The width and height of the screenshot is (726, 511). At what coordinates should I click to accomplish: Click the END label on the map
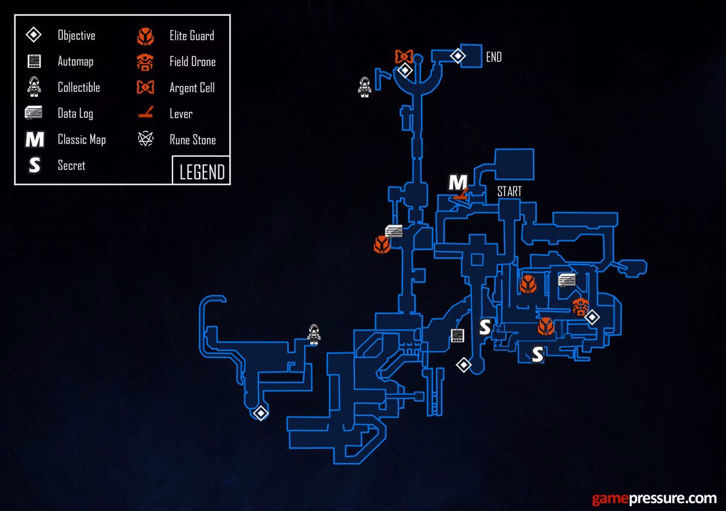point(494,58)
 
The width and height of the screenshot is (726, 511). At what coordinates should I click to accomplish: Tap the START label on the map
point(509,192)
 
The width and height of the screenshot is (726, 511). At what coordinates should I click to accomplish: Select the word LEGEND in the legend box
point(202,172)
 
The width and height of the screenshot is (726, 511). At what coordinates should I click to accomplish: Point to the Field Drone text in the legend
point(192,62)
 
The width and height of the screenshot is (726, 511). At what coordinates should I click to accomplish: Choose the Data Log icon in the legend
point(34,113)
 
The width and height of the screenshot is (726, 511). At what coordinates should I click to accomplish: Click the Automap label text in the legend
point(76,62)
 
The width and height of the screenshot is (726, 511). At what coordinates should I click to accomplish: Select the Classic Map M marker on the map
point(457,182)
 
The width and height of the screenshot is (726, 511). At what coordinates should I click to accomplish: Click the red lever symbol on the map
point(460,195)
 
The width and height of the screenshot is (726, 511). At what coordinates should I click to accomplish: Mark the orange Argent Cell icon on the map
point(404,57)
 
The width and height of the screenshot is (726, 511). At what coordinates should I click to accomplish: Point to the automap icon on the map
point(457,335)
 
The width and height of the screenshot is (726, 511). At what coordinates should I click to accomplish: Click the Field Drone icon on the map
point(581,306)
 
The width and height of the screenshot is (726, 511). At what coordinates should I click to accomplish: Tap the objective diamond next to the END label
point(458,56)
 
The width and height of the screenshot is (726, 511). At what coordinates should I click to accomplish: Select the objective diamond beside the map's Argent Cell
point(405,71)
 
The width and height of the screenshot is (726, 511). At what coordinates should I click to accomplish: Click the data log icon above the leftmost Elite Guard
point(394,231)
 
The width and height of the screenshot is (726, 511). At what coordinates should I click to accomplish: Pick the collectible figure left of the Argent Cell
point(364,87)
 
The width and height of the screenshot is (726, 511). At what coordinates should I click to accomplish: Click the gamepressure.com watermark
point(654,499)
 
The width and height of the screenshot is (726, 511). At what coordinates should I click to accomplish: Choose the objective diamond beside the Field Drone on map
point(592,317)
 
